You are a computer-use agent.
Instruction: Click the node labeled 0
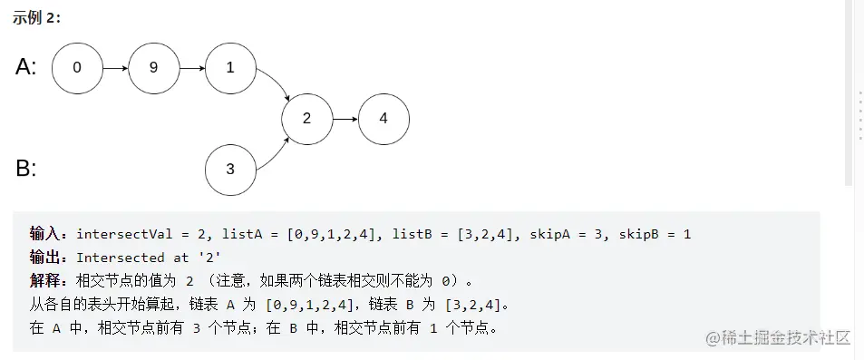coord(77,67)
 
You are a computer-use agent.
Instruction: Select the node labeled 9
coord(153,67)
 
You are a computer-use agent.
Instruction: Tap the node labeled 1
coord(230,67)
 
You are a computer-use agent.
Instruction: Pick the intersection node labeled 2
coord(306,119)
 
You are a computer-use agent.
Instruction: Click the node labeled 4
coord(383,119)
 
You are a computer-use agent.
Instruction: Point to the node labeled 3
coord(230,169)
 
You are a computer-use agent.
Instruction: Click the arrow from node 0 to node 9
coord(115,67)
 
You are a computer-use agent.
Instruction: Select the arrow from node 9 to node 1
coord(192,67)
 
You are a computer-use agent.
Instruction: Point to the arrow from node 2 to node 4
coord(345,119)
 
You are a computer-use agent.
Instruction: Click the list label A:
coord(26,67)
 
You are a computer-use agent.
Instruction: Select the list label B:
coord(26,169)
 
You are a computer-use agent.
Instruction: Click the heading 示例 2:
coord(36,18)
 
